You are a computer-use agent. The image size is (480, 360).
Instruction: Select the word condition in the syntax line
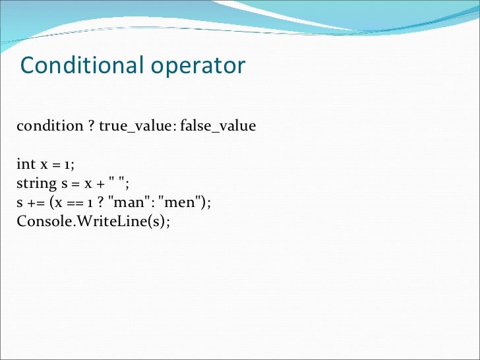point(49,125)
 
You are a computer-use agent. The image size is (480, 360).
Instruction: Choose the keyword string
point(36,183)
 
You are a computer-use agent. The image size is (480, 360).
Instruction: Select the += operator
point(35,202)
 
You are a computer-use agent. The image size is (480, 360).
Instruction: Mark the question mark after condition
point(90,125)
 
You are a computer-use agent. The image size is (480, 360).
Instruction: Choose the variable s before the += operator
point(20,203)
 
